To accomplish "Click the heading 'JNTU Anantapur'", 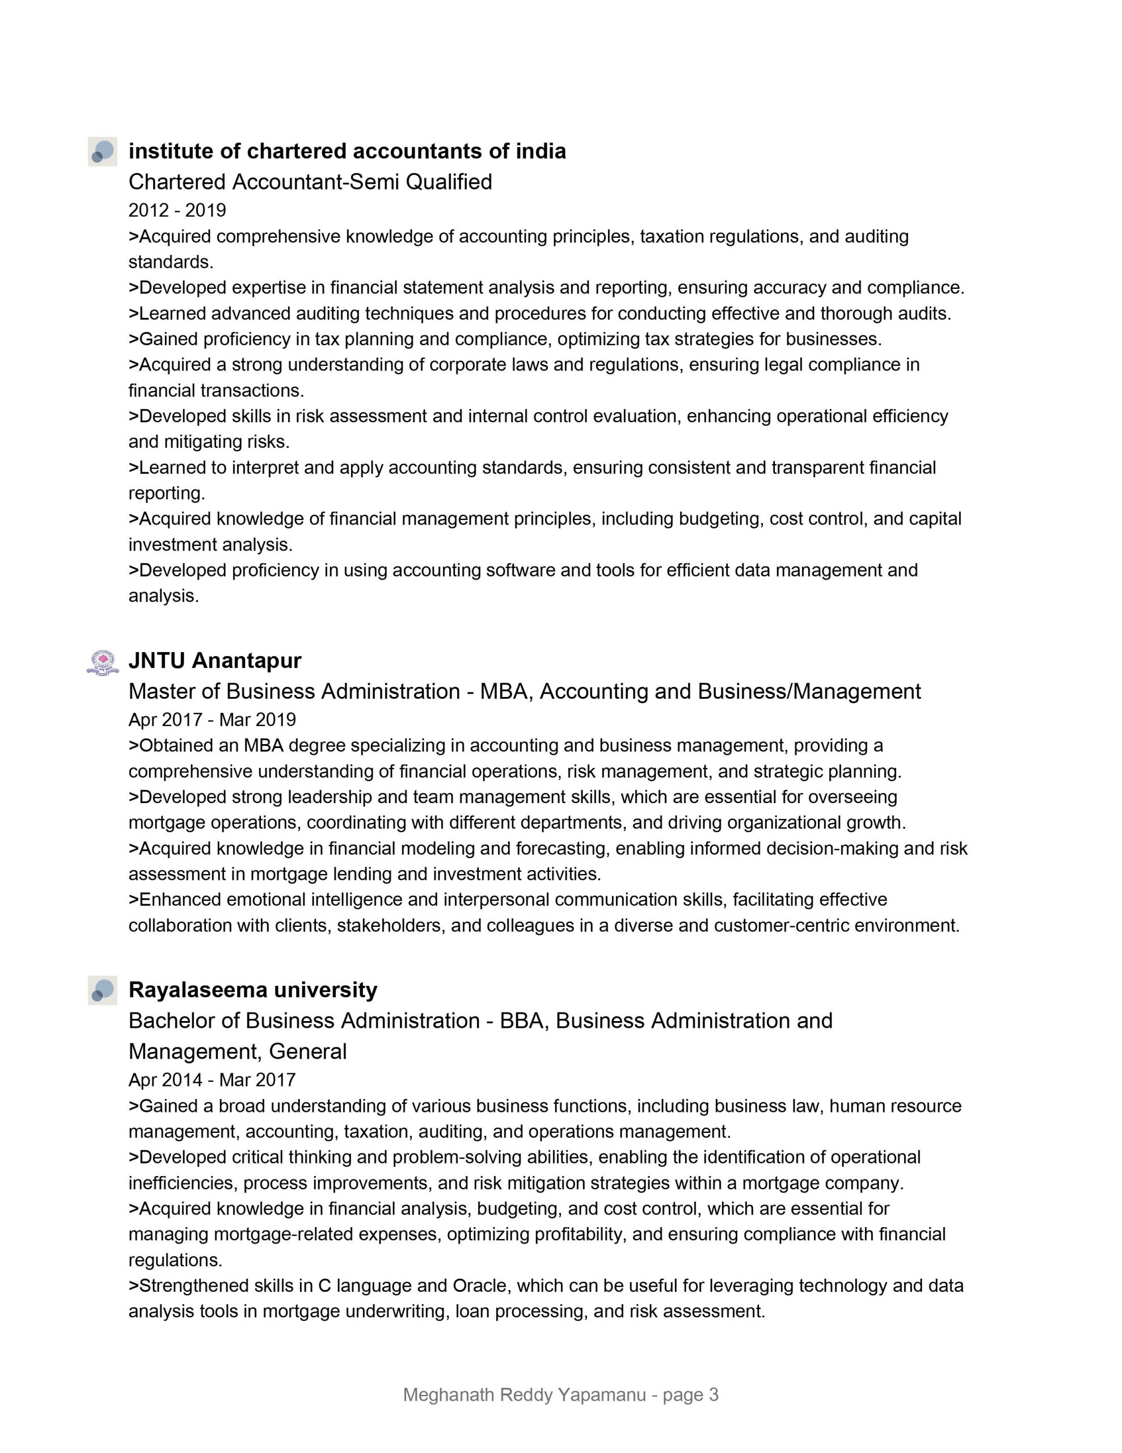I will [215, 661].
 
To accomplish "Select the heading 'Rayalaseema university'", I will [253, 990].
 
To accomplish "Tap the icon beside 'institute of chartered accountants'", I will [103, 152].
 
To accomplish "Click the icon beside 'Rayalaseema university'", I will [103, 990].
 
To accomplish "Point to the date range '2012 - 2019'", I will [177, 210].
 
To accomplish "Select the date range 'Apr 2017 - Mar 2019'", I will [212, 720].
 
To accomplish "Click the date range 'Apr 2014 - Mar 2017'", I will [212, 1080].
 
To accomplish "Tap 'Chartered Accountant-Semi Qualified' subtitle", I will [310, 182].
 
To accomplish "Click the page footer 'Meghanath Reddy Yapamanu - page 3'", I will [560, 1395].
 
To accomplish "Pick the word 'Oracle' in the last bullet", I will [479, 1286].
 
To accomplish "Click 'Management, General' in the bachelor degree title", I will [238, 1051].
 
